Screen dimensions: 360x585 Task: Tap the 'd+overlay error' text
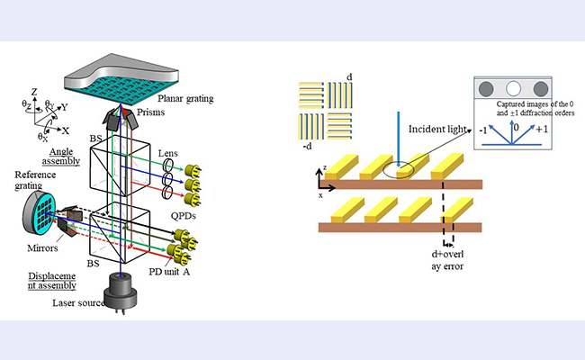point(460,256)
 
